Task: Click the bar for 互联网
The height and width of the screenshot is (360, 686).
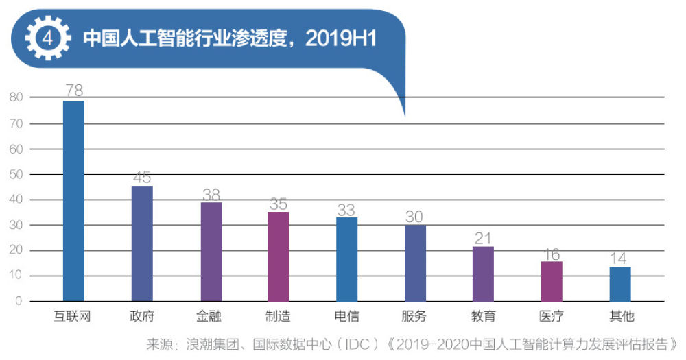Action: click(73, 201)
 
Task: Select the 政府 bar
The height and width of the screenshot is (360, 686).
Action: click(142, 243)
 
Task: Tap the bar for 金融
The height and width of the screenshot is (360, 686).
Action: click(211, 252)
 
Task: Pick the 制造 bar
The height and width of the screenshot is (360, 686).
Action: click(279, 256)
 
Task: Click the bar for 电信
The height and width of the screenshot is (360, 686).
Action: click(346, 259)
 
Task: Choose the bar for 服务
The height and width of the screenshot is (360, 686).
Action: click(415, 263)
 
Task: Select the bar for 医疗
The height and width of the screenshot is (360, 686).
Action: click(552, 281)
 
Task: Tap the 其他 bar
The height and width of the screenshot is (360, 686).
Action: click(620, 284)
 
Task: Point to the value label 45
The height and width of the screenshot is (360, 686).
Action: click(142, 178)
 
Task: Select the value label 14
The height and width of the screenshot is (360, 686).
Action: click(620, 259)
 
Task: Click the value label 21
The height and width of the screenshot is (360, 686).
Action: click(483, 238)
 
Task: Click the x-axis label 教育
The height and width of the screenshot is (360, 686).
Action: click(483, 317)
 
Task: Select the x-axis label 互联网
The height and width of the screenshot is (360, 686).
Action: click(73, 317)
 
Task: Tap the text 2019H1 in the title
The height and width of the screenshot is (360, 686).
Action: click(341, 38)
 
